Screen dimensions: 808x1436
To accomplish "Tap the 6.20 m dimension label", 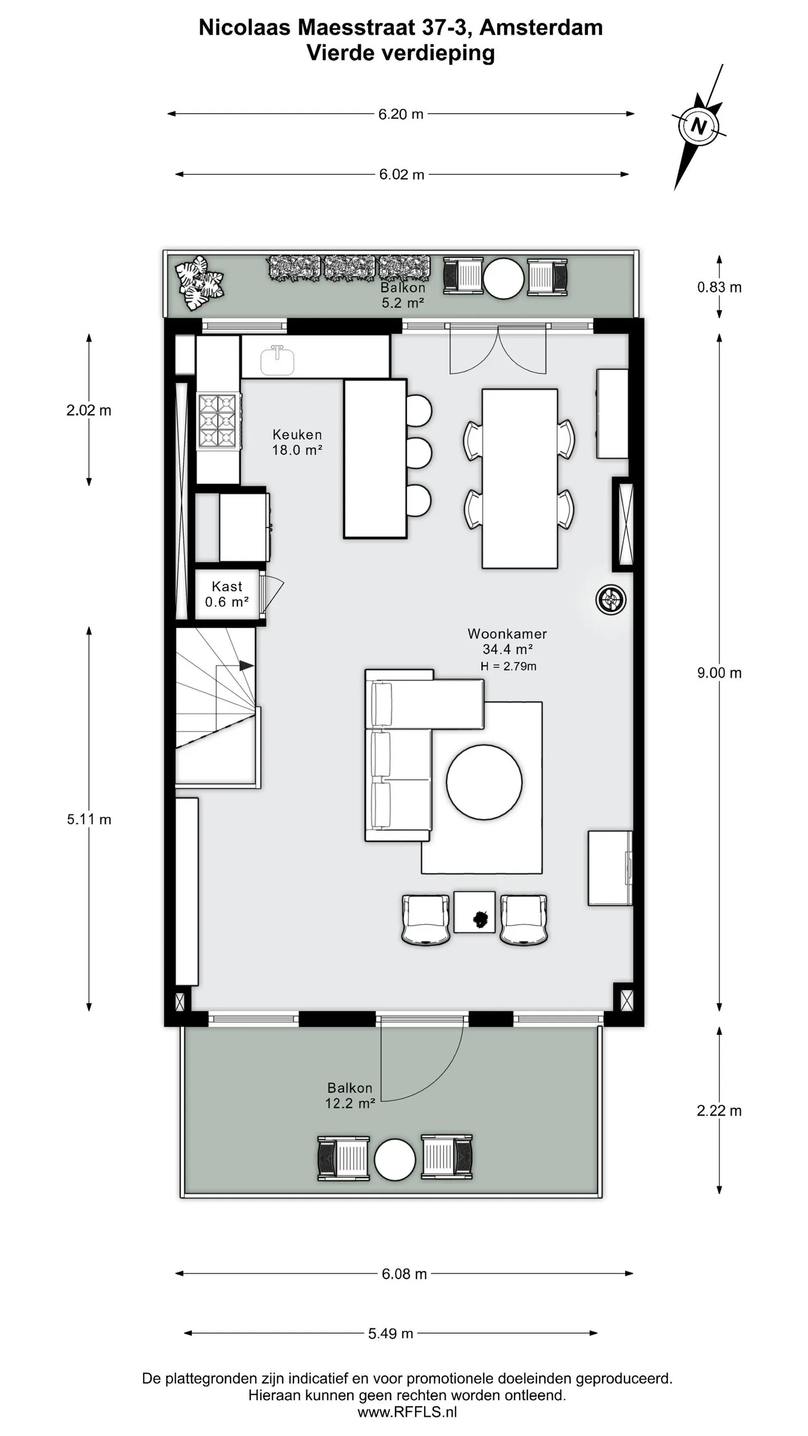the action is [401, 114].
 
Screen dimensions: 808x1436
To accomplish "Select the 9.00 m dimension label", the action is [719, 673].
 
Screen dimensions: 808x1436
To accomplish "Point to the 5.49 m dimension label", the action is [391, 1333].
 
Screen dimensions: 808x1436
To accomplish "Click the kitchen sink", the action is [277, 360].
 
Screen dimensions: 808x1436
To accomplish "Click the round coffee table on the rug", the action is [484, 781].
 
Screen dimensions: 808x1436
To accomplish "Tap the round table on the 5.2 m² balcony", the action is [503, 278].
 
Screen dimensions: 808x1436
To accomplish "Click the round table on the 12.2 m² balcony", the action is [394, 1160].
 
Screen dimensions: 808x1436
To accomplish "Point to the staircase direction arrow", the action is [246, 666].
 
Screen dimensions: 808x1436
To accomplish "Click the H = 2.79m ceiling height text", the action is [508, 666].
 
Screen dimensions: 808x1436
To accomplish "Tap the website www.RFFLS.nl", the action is [407, 1412].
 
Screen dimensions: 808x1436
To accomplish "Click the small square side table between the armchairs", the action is [475, 912].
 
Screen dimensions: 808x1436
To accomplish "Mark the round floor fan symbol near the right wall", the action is [610, 600].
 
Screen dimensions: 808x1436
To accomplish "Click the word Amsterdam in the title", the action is [541, 27].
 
